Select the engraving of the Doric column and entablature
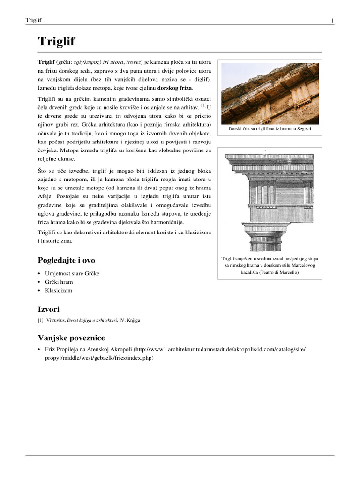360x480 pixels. (270, 201)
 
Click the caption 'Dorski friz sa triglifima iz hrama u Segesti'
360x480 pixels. (270, 129)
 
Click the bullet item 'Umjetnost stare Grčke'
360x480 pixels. (72, 273)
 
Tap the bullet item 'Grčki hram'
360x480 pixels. (59, 282)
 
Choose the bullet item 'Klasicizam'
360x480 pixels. (59, 290)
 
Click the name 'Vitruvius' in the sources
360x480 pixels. (56, 321)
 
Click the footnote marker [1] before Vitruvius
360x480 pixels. (40, 321)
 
